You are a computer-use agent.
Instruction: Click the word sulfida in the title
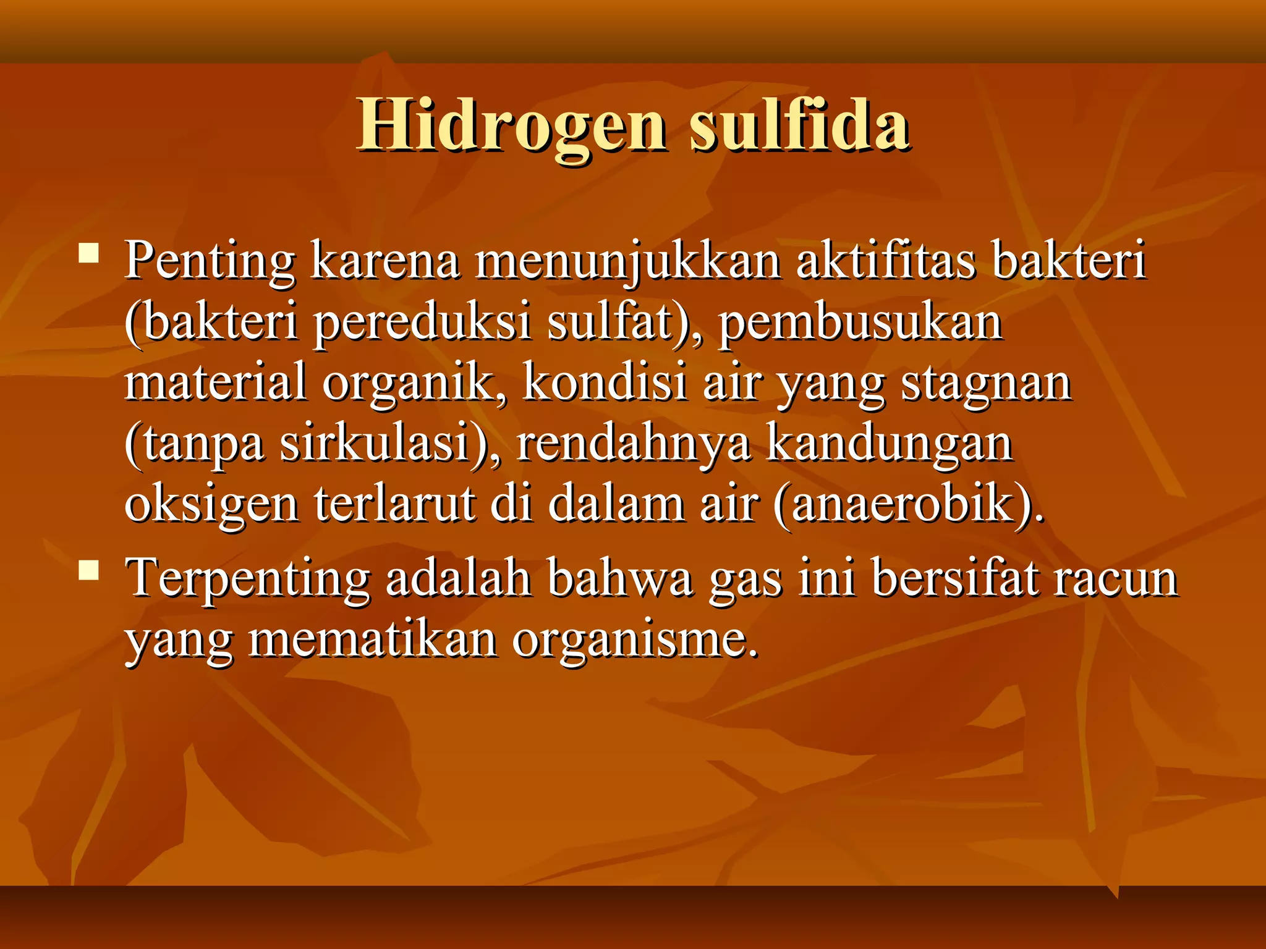[x=799, y=125]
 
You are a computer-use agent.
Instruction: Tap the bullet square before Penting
[x=90, y=254]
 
